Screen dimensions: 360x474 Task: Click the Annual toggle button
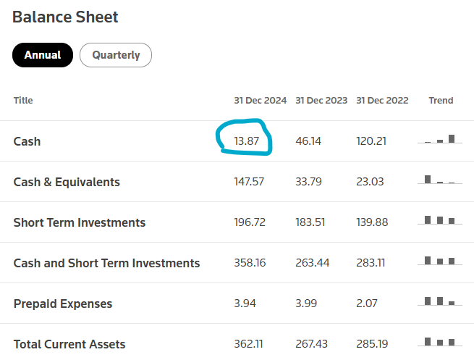coord(43,55)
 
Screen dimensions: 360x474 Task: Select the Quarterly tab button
coord(116,55)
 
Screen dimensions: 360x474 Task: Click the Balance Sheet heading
coord(65,17)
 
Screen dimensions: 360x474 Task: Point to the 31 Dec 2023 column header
coord(321,101)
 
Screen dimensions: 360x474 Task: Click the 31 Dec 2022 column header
coord(382,101)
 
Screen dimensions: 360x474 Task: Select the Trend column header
coord(441,101)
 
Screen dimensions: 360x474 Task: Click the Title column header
coord(23,101)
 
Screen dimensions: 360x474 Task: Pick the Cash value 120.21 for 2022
coord(371,141)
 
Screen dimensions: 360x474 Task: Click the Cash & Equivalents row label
coord(67,182)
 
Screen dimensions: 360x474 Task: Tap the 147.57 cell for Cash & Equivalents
coord(249,182)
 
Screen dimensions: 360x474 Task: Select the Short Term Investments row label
coord(80,222)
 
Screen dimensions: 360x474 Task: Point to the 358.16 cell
coord(250,263)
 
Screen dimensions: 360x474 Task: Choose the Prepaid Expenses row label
coord(63,304)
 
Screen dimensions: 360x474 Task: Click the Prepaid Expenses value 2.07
coord(367,304)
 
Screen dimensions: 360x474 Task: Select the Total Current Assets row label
coord(69,344)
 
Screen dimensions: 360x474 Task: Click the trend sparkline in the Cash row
coord(440,140)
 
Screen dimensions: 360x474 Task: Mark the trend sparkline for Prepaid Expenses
coord(440,301)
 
